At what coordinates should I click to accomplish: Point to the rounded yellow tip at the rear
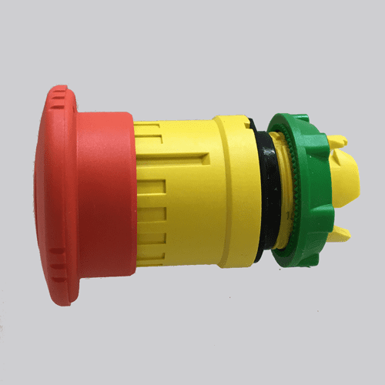pyautogui.click(x=350, y=181)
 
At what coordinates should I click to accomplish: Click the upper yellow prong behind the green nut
pyautogui.click(x=336, y=142)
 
